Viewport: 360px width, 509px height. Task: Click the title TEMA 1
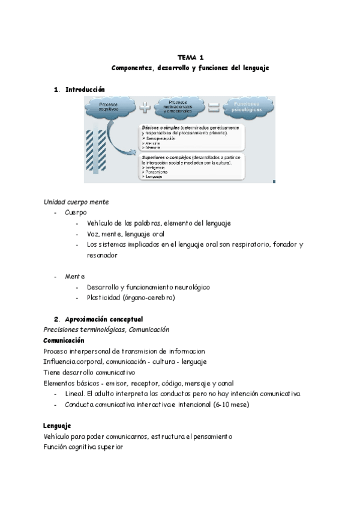click(x=190, y=58)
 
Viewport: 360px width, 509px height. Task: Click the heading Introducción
click(x=85, y=89)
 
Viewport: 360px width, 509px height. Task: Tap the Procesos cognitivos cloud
click(x=109, y=107)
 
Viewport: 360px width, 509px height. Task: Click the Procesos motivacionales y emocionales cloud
click(x=178, y=107)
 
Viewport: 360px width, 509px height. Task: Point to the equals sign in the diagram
click(x=212, y=109)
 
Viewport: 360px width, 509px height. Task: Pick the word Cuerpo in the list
click(x=76, y=212)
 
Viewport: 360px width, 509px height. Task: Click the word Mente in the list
click(x=75, y=276)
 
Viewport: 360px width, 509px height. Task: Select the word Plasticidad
click(x=103, y=298)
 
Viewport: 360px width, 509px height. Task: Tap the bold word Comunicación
click(x=64, y=340)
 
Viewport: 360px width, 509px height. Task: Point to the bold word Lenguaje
click(x=58, y=426)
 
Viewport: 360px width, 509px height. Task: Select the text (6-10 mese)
click(x=230, y=404)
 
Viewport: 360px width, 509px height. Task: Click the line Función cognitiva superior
click(x=83, y=447)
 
